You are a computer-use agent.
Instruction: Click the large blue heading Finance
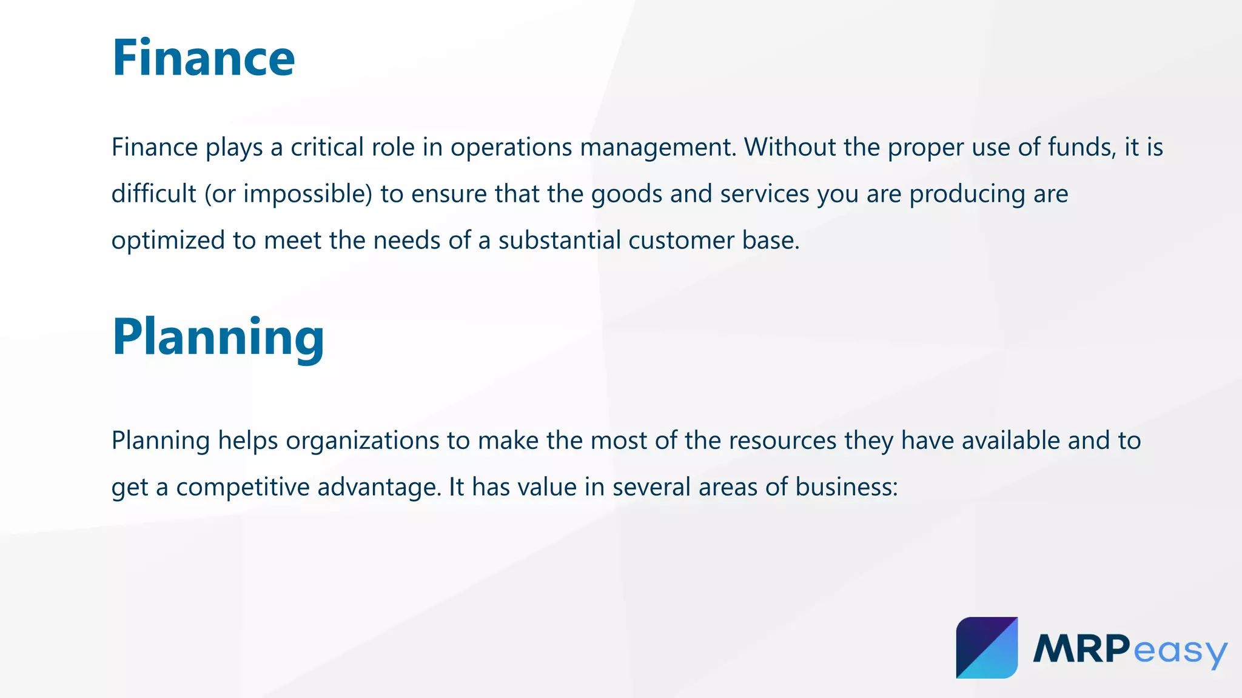pos(203,58)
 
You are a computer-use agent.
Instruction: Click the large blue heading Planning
pos(218,337)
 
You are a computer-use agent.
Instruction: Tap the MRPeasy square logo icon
pos(987,648)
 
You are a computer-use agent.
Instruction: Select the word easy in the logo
pos(1180,651)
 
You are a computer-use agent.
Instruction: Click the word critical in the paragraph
pos(327,147)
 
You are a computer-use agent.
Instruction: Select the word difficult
pos(153,194)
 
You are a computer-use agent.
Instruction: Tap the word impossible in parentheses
pos(307,194)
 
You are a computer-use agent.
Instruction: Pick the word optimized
pos(168,241)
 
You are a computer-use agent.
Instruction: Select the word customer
pos(682,241)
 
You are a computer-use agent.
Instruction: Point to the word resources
pos(782,440)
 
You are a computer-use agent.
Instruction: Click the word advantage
pos(378,487)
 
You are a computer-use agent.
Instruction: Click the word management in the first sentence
pos(657,147)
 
